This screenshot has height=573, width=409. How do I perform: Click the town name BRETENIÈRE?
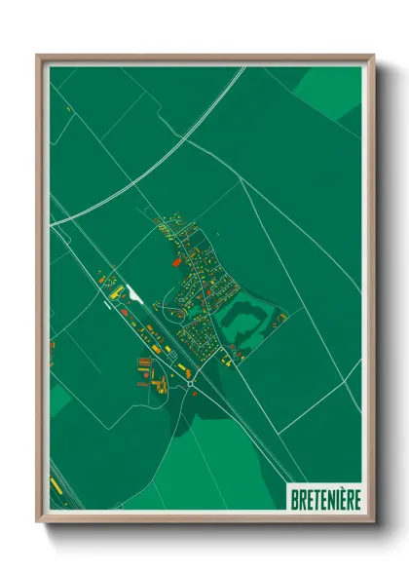(325, 499)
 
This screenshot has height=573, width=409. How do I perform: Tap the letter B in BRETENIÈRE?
(295, 499)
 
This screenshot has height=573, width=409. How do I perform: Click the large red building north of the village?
(176, 261)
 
